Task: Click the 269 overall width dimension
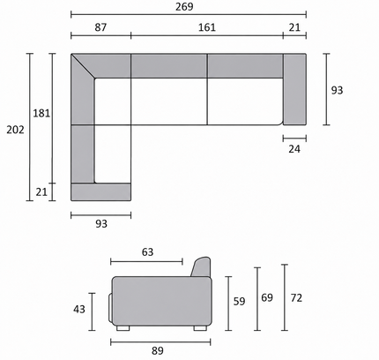coord(184,6)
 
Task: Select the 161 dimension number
coord(207,27)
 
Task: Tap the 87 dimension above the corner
coord(100,27)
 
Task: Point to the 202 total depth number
coord(15,130)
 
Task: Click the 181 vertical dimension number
coord(41,113)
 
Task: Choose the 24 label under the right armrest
coord(294,149)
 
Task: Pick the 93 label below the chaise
coord(101,224)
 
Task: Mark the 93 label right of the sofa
coord(337,90)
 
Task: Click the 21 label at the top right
coord(294,27)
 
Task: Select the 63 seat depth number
coord(147,252)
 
